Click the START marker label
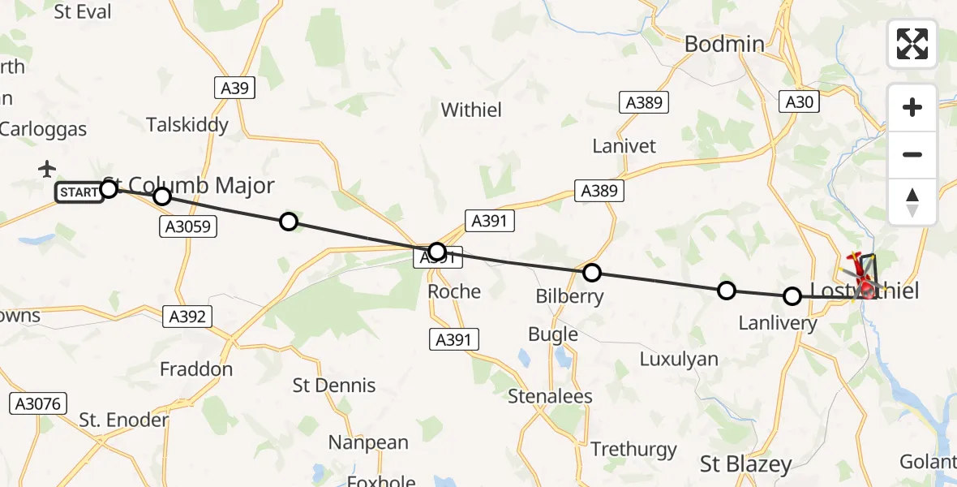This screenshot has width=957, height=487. click(x=79, y=192)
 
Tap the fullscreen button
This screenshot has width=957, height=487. click(x=912, y=44)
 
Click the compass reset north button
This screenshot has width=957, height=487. click(x=912, y=203)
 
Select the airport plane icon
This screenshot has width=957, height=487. click(x=47, y=169)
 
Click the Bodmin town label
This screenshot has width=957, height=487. click(x=724, y=44)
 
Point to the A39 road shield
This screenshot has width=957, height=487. click(x=234, y=88)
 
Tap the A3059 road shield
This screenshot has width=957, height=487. click(x=187, y=226)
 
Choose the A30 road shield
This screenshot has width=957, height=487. click(x=799, y=101)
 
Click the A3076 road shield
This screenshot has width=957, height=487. click(x=38, y=403)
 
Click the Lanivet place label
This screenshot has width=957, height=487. click(x=624, y=146)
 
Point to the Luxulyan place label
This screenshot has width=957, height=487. click(x=679, y=358)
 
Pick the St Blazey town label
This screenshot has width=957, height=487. click(x=745, y=464)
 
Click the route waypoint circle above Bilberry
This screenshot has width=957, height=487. click(x=592, y=273)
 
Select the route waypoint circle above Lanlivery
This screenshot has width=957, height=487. click(x=792, y=296)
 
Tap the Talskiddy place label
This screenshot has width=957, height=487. click(x=187, y=125)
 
